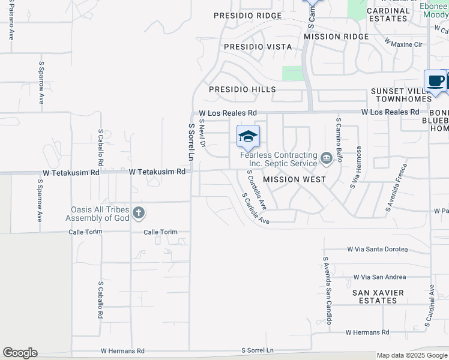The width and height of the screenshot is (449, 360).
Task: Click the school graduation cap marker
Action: (x=248, y=136)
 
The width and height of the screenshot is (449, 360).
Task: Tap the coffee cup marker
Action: (x=435, y=80)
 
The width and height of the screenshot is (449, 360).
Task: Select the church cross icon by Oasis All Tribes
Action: (x=139, y=212)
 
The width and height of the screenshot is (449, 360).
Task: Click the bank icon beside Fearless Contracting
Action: (x=326, y=158)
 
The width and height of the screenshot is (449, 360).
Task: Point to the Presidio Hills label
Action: (x=242, y=89)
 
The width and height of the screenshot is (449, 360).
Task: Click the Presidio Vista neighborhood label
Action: (x=258, y=47)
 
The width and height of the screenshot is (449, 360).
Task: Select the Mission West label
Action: (x=294, y=179)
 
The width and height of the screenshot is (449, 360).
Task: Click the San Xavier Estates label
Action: (x=378, y=297)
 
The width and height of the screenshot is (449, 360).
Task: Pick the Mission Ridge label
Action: (x=336, y=37)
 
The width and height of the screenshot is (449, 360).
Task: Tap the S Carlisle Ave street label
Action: (x=255, y=208)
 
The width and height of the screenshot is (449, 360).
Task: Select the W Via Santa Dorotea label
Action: (x=377, y=249)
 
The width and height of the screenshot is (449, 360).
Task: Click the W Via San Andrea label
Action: (x=379, y=277)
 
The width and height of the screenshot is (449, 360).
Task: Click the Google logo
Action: (x=20, y=353)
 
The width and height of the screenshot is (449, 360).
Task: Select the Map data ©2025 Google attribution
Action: (x=411, y=355)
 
